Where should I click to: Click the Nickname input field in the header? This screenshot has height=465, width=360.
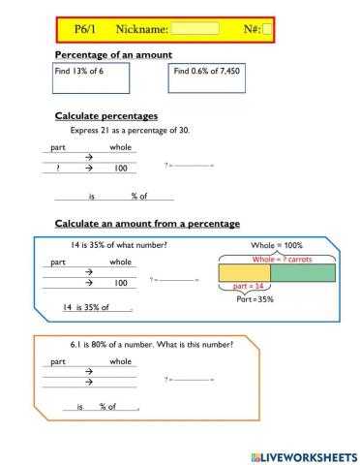[x=196, y=29]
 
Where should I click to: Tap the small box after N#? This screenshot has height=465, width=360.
[x=267, y=29]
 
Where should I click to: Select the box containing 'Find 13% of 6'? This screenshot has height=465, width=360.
[x=79, y=78]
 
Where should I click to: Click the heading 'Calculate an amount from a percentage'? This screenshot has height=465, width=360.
[x=147, y=224]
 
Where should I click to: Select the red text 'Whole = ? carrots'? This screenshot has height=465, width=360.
[x=282, y=260]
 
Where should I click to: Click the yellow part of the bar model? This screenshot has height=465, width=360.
[x=244, y=273]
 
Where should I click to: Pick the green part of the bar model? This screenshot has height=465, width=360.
[x=304, y=273]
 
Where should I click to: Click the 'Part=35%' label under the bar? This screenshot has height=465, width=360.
[x=255, y=299]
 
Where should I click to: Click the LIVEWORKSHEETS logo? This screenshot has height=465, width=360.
[x=302, y=454]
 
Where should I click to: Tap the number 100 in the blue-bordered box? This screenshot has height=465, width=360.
[x=121, y=283]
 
